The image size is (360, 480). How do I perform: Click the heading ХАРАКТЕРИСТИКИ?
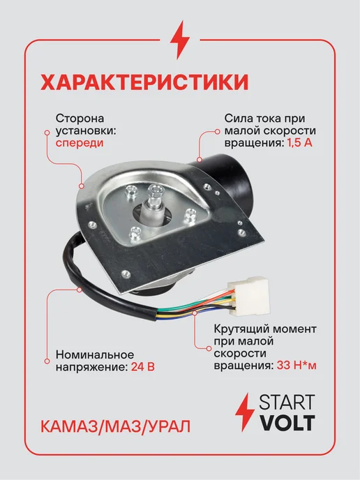pos(144,82)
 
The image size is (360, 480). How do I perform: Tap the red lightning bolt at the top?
pos(180,40)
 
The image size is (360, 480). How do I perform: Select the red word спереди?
pos(80,143)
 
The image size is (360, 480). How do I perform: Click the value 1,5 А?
pos(299,143)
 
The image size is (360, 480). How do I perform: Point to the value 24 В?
pos(142,366)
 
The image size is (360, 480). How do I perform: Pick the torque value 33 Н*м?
pos(297,366)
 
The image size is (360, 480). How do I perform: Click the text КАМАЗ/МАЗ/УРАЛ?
pos(115,426)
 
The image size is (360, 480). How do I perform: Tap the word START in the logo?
pos(287,402)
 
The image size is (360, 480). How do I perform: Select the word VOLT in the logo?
pos(287,423)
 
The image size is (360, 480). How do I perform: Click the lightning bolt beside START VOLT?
pos(244,412)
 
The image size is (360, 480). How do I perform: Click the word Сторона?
pos(80,118)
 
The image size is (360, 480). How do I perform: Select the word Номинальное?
pos(95,354)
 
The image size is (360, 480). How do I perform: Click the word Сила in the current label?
pos(234,118)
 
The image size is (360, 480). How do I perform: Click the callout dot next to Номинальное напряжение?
pos(47,361)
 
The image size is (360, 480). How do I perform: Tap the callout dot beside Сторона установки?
pos(47,133)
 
